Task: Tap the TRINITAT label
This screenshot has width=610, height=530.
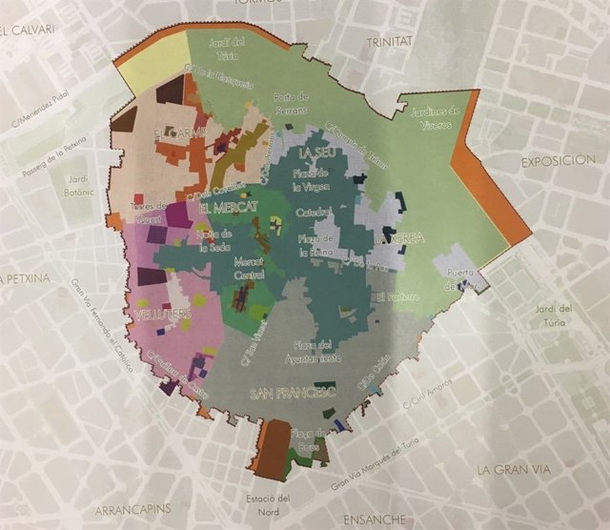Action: [393, 43]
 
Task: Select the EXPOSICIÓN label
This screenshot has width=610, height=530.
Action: [563, 163]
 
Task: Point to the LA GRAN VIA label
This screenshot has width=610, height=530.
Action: [516, 470]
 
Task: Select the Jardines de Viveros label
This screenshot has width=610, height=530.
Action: [437, 116]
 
